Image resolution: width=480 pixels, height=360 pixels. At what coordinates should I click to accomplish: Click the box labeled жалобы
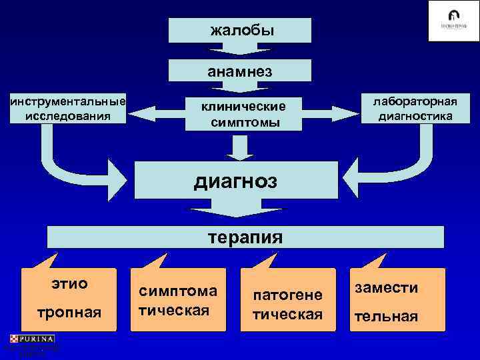click(x=240, y=30)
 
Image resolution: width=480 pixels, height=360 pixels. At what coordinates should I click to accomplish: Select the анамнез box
click(x=240, y=71)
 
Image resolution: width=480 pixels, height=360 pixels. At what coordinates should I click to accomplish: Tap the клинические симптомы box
click(x=244, y=115)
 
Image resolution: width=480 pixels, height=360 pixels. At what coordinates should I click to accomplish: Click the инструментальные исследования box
click(x=67, y=109)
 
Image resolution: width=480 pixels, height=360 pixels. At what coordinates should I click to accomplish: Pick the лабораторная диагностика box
click(x=415, y=109)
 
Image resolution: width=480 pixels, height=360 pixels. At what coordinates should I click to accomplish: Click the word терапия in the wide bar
click(x=245, y=237)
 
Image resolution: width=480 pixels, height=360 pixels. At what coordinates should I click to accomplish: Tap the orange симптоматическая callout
click(x=178, y=300)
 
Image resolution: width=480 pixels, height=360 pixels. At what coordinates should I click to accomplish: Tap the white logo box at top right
click(x=453, y=21)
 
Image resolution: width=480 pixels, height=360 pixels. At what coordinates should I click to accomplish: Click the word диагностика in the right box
click(x=415, y=116)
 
